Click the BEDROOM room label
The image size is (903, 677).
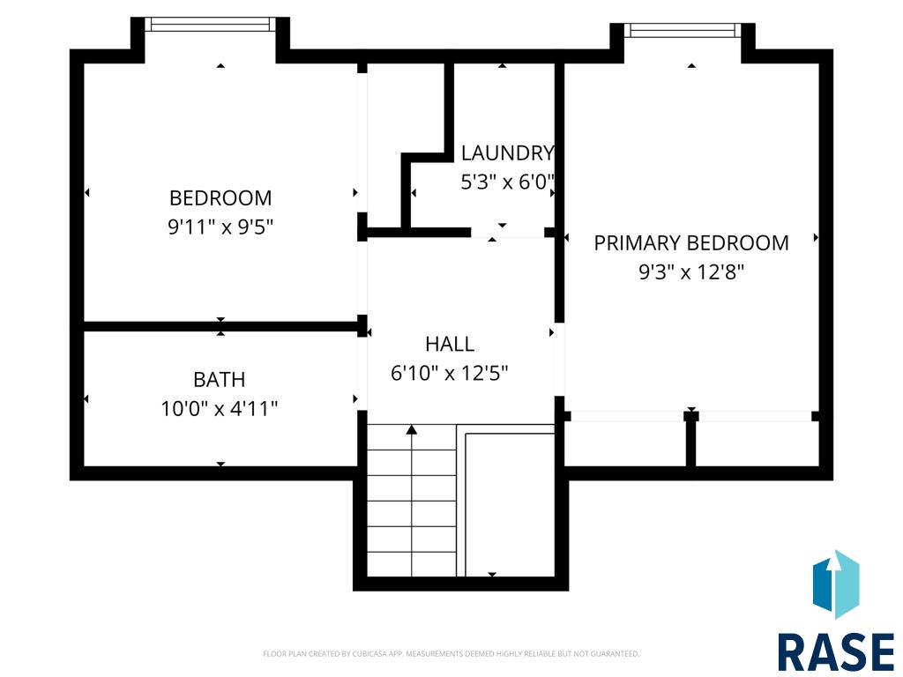tap(220, 198)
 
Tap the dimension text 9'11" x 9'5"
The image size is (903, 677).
tap(220, 227)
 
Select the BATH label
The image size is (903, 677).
tap(220, 379)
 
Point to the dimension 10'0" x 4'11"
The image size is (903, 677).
tap(220, 409)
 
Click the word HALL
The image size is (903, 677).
tap(450, 345)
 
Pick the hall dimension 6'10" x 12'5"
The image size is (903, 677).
tap(449, 373)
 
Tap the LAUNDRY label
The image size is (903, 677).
tap(507, 153)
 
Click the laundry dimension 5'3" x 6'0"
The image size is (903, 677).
tap(507, 182)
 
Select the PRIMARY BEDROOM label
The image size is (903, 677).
tap(691, 243)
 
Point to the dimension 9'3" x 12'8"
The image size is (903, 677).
tap(691, 272)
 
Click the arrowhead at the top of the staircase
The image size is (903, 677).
tap(411, 429)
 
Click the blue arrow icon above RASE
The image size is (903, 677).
tap(836, 584)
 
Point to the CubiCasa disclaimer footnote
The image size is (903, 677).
tap(451, 653)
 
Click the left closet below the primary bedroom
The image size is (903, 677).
tap(625, 443)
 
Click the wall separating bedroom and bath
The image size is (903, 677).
tap(221, 326)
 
